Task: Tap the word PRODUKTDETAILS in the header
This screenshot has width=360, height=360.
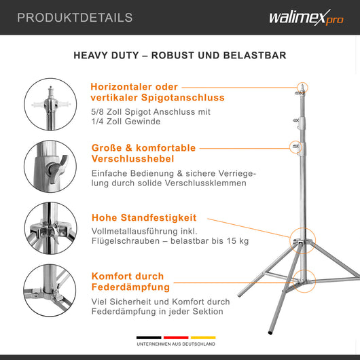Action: (x=75, y=18)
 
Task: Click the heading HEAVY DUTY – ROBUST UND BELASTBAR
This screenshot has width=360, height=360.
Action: (x=180, y=55)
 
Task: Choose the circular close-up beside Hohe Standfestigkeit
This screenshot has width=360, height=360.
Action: (x=50, y=229)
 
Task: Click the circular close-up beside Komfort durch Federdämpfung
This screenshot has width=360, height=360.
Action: (x=50, y=291)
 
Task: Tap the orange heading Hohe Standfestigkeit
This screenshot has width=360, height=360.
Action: (x=144, y=218)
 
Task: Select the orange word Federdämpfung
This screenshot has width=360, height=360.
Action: (x=130, y=287)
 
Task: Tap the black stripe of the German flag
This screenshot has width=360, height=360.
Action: (x=149, y=338)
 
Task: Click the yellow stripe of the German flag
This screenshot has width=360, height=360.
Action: (x=202, y=338)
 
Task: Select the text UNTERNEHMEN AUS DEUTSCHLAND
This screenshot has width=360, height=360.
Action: (x=176, y=344)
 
